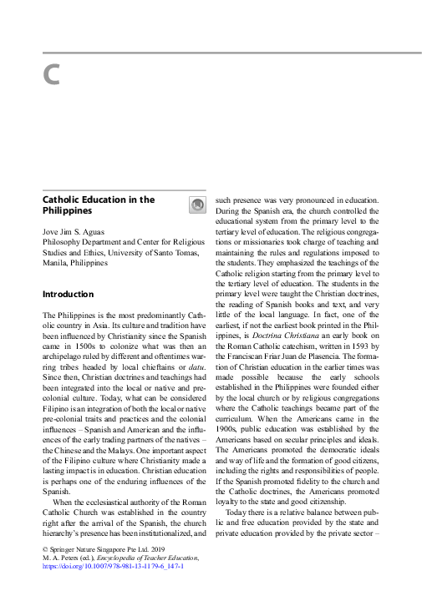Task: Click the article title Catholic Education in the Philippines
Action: (x=98, y=205)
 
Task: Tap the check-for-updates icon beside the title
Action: (x=196, y=205)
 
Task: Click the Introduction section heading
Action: (x=68, y=294)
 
